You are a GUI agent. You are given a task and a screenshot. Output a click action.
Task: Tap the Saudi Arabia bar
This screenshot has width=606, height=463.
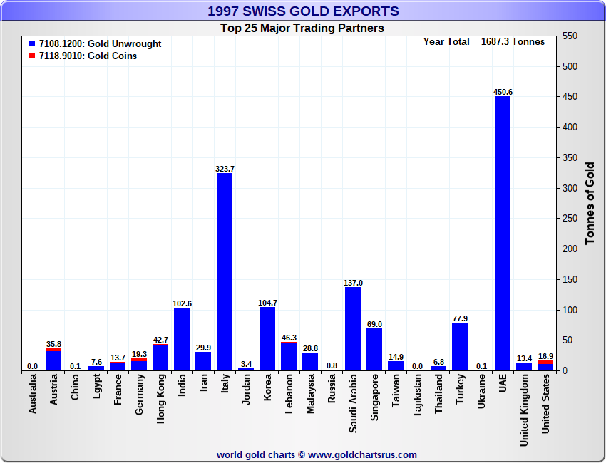pos(353,328)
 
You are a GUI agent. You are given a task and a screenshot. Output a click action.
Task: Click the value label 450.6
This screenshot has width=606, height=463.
pos(503,92)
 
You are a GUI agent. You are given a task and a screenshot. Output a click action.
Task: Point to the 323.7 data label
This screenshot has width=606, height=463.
pos(225,169)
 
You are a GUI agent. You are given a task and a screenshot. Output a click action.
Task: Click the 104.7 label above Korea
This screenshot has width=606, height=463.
pos(267,303)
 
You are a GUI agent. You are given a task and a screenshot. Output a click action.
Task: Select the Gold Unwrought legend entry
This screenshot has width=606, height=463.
pos(101,43)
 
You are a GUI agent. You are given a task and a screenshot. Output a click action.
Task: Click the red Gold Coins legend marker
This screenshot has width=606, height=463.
pos(32,56)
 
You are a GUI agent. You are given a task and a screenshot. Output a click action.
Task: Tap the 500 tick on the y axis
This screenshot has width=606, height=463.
pos(569,66)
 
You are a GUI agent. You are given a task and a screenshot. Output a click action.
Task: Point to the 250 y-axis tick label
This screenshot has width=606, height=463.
pos(569,219)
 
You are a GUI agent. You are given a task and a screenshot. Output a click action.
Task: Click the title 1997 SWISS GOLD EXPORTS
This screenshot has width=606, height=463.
pos(303,11)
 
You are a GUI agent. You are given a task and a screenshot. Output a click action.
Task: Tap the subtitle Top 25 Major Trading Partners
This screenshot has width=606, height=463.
pos(302,28)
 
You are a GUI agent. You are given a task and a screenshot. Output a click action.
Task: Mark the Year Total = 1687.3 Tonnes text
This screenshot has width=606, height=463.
pos(483,41)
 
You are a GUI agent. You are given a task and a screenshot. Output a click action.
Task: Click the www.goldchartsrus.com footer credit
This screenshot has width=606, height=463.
pos(317,454)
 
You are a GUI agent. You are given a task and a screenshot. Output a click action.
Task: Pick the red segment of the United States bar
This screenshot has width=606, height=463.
pos(545,362)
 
